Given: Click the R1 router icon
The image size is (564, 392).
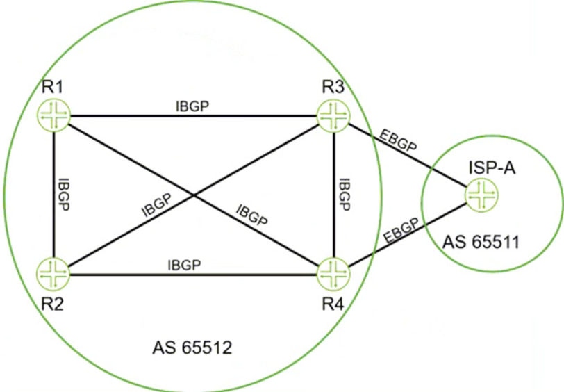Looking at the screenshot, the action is click(x=53, y=116).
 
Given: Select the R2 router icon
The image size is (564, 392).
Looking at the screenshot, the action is click(x=53, y=275).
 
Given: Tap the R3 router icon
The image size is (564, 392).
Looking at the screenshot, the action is click(x=333, y=116).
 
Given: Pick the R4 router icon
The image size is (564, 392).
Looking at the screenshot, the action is click(x=333, y=275).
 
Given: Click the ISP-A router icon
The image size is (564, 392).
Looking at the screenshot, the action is click(x=482, y=195).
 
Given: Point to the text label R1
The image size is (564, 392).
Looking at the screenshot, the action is click(x=53, y=87).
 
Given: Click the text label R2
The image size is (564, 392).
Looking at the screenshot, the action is click(x=53, y=304).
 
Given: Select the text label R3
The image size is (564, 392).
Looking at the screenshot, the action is click(x=333, y=87).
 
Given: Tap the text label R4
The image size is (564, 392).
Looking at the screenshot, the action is click(x=333, y=304).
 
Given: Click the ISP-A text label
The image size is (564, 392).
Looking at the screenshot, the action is click(x=492, y=168).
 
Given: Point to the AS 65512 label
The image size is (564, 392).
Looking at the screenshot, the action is click(x=192, y=348).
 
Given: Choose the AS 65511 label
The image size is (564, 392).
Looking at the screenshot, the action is click(x=481, y=243).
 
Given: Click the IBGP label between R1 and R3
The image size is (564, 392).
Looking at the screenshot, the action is click(x=192, y=106).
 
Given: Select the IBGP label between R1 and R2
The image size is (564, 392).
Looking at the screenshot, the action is click(x=63, y=195).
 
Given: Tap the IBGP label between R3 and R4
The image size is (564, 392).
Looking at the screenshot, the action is click(x=345, y=195).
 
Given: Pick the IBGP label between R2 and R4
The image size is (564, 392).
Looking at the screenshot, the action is click(x=184, y=266).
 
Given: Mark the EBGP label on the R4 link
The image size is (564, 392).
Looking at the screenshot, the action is click(x=401, y=231).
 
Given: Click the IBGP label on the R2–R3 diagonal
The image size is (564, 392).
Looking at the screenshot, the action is click(x=157, y=205).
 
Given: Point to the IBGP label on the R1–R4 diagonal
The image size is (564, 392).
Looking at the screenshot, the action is click(x=251, y=215).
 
